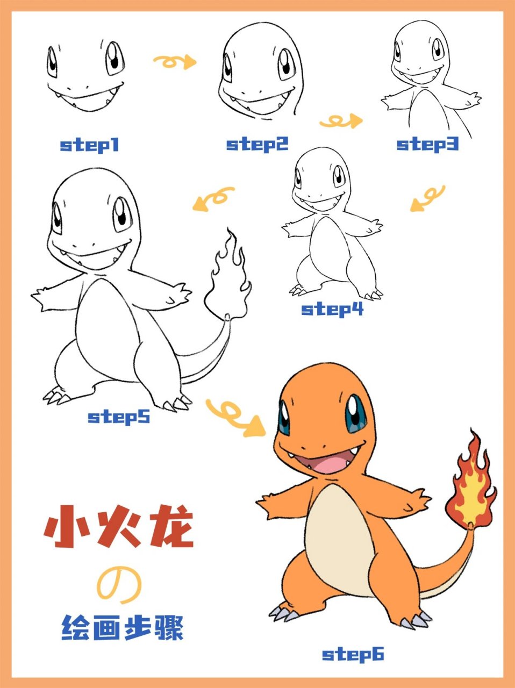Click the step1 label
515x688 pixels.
point(90,146)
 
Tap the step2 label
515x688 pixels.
point(257,145)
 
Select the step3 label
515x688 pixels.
point(427,145)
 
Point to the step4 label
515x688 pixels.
point(332,310)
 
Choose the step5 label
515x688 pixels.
point(119,418)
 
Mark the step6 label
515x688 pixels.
point(353,655)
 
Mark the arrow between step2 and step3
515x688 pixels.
point(341,121)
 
